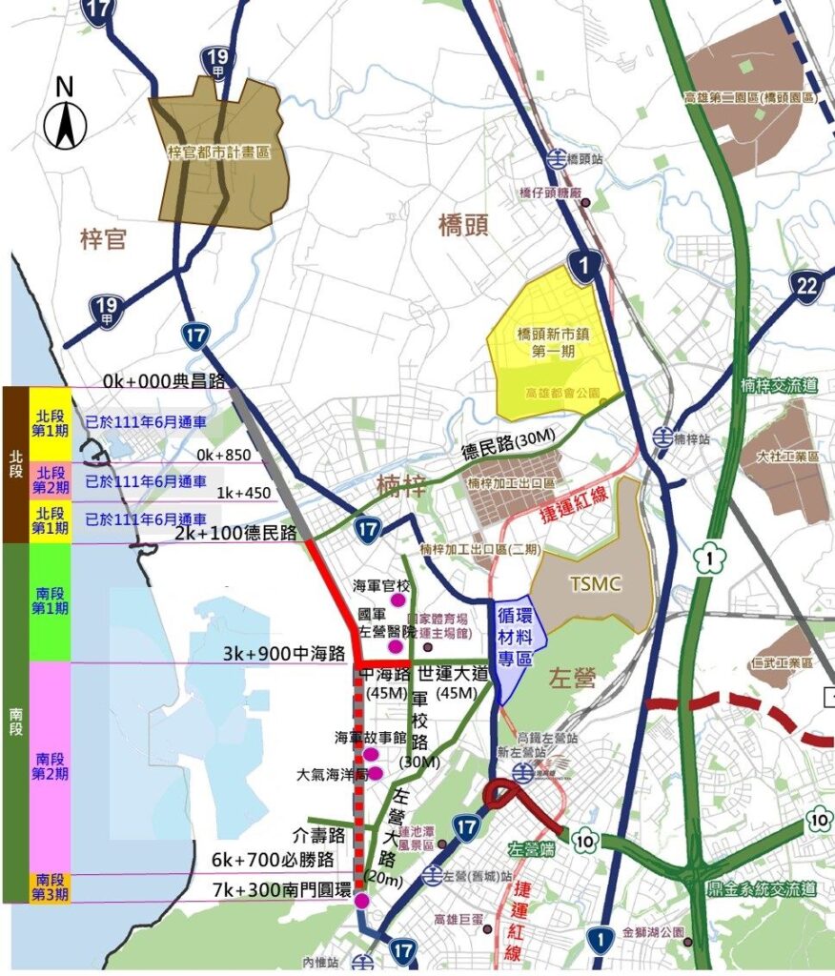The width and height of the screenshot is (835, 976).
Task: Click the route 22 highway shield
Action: [807, 285]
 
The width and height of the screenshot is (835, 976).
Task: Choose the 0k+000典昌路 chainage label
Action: [164, 380]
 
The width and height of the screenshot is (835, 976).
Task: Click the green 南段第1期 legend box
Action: [50, 602]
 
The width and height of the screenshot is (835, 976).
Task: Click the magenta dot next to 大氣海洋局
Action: [376, 773]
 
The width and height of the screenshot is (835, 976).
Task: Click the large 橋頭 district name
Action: [463, 226]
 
